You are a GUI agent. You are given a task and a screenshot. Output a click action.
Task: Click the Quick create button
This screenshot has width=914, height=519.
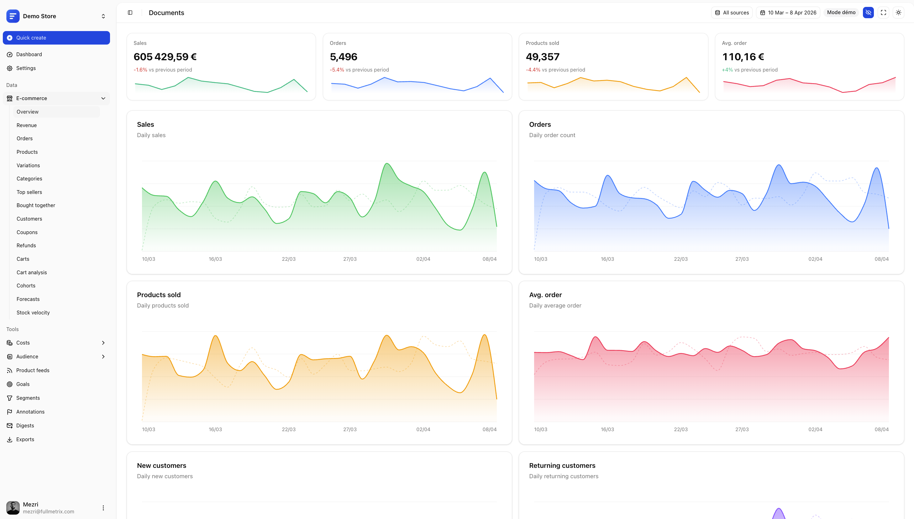coord(56,38)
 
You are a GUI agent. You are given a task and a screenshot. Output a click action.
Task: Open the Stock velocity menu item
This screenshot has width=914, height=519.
coord(33,313)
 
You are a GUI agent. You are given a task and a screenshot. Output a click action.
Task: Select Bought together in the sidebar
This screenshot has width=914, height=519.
coord(36,205)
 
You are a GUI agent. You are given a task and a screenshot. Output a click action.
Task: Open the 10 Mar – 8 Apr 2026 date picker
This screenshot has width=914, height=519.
coord(788,13)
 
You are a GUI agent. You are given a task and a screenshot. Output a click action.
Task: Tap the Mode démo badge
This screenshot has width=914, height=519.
coord(841,13)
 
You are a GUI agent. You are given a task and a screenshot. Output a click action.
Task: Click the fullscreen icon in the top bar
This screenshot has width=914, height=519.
coord(883,13)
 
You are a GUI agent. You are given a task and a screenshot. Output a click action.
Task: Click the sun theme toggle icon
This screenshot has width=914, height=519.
coord(898,13)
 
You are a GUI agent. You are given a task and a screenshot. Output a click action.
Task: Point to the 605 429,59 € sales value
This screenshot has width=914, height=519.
coord(165,57)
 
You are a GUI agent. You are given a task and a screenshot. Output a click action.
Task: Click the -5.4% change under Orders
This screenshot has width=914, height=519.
coord(337,70)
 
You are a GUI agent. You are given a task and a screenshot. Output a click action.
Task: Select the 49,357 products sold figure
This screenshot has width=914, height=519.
coord(542,57)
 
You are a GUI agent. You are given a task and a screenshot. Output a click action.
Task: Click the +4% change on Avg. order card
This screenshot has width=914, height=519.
coord(727,70)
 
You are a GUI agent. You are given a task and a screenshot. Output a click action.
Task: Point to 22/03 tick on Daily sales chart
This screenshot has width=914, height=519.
coord(288,259)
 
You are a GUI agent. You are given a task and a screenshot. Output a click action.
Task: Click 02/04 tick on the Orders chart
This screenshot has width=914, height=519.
coord(815,259)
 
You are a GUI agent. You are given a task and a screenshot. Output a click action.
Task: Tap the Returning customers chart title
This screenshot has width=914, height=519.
coord(562,466)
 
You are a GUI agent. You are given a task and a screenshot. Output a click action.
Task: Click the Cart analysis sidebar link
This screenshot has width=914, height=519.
coord(32,272)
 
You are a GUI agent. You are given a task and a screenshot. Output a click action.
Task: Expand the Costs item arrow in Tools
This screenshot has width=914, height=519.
coord(103,343)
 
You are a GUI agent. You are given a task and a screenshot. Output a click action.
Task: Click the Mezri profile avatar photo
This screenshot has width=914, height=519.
coord(13,508)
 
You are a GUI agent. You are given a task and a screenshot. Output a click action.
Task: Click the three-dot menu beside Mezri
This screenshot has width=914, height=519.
coord(103,508)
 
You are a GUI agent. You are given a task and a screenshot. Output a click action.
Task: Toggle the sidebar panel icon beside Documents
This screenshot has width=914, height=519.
coord(130,13)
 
